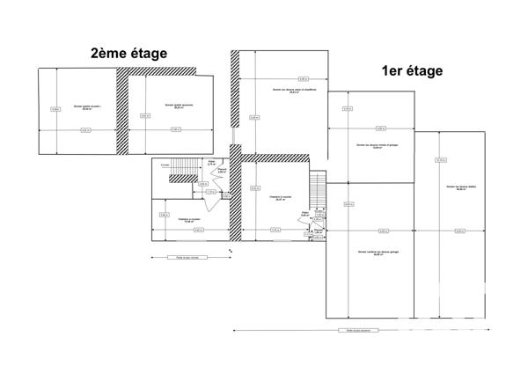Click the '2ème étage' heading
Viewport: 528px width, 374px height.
(128, 54)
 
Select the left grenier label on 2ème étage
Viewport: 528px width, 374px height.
(87, 108)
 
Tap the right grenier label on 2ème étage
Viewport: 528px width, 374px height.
(179, 106)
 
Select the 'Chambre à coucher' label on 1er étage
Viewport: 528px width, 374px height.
(280, 198)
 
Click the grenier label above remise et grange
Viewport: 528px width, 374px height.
(372, 147)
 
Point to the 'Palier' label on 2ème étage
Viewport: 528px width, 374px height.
(211, 162)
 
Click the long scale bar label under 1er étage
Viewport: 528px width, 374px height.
(359, 332)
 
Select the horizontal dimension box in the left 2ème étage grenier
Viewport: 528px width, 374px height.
(85, 131)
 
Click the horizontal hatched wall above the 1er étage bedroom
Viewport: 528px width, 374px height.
(275, 158)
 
